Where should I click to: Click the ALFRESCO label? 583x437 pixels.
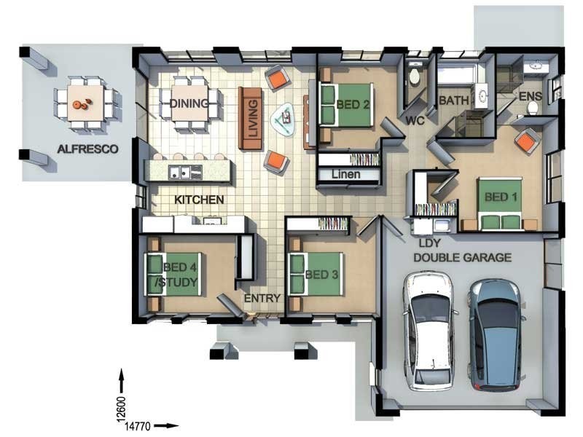tap(87, 149)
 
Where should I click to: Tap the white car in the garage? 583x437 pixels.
tap(429, 331)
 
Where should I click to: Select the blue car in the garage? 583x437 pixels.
tap(496, 334)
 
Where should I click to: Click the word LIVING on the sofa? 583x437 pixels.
tap(253, 118)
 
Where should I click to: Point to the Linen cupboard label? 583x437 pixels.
tap(345, 174)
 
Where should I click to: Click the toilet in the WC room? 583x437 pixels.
tap(413, 76)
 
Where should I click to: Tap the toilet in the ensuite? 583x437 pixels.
tap(533, 108)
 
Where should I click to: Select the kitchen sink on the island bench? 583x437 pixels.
tap(185, 173)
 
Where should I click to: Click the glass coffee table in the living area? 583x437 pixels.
tap(285, 119)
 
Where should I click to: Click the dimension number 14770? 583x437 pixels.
tap(137, 426)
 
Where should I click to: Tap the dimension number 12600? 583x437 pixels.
tap(122, 409)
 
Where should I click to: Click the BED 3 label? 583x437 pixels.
tap(321, 275)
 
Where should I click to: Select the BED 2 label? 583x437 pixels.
tap(353, 105)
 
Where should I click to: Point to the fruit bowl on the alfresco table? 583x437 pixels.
tap(82, 104)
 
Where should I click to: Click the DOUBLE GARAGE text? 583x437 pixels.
tap(463, 258)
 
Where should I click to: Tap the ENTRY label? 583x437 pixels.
tap(262, 298)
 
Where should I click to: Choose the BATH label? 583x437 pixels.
tap(454, 101)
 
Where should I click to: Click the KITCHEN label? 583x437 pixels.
tap(199, 200)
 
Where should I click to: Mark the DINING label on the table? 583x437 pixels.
tap(189, 103)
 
